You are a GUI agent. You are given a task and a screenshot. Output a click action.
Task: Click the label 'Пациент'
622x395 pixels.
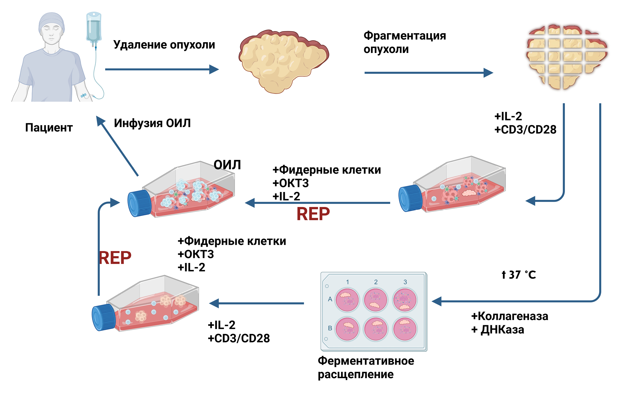point(49,128)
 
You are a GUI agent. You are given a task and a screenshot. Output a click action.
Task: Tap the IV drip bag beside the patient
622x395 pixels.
point(93,28)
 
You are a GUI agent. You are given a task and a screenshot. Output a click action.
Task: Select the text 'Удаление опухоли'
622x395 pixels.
point(164,45)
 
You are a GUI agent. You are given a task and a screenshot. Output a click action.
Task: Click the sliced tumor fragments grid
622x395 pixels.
point(566,57)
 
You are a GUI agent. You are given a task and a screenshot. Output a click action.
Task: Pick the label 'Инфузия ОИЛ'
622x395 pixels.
point(152,123)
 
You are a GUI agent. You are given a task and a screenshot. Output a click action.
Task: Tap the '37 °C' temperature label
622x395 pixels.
point(519,275)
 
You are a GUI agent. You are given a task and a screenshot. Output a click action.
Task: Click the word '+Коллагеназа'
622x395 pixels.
point(510,316)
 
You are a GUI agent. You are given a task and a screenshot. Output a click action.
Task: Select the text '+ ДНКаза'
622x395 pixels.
point(498,330)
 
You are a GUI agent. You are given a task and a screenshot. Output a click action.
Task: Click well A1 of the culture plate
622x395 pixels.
point(347,299)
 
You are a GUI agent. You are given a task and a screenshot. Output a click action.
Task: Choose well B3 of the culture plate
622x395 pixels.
point(404,329)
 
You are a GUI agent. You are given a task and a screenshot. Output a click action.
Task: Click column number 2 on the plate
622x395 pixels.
point(376,282)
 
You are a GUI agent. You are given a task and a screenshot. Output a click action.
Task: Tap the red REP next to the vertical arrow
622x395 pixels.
point(115,258)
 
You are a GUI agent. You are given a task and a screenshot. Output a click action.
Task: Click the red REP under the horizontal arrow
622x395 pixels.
point(313,214)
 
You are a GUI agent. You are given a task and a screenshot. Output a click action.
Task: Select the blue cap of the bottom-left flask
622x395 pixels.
point(103,317)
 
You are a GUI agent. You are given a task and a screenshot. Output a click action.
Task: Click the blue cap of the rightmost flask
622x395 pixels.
point(410,198)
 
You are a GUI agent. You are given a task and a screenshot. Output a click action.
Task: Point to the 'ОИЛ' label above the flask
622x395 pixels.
point(227,165)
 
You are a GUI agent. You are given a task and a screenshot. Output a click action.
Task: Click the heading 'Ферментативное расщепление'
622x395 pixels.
point(366,367)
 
